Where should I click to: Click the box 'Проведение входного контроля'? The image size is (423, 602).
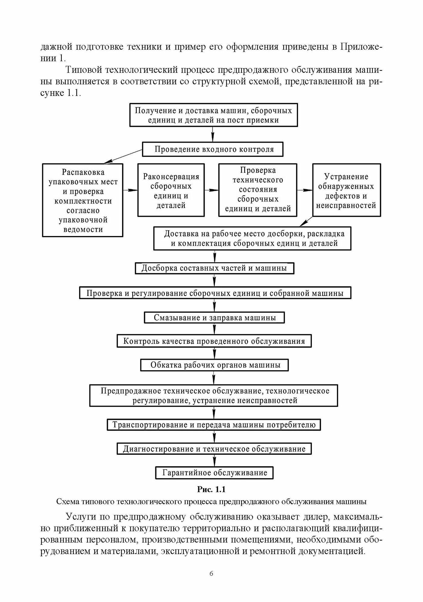pyautogui.click(x=212, y=150)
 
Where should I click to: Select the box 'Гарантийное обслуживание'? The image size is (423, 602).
pyautogui.click(x=214, y=472)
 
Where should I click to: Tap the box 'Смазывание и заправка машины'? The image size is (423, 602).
pyautogui.click(x=214, y=318)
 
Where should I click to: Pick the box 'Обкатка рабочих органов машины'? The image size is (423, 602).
pyautogui.click(x=214, y=365)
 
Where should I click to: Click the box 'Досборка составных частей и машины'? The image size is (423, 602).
pyautogui.click(x=214, y=268)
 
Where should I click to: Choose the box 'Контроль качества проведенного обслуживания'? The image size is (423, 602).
pyautogui.click(x=214, y=341)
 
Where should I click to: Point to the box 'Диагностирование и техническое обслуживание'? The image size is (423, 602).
pyautogui.click(x=214, y=449)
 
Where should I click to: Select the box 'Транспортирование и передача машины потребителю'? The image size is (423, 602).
pyautogui.click(x=214, y=425)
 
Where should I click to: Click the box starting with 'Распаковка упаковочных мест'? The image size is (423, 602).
pyautogui.click(x=83, y=200)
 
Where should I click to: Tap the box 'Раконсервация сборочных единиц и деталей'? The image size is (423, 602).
pyautogui.click(x=171, y=190)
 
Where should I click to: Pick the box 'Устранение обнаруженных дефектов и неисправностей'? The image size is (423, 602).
pyautogui.click(x=346, y=190)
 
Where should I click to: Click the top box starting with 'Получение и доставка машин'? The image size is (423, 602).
pyautogui.click(x=213, y=115)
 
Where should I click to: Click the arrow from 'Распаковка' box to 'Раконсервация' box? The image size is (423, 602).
pyautogui.click(x=130, y=190)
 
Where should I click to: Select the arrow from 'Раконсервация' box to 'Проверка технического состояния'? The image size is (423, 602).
pyautogui.click(x=211, y=190)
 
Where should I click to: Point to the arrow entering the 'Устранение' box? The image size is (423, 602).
pyautogui.click(x=305, y=190)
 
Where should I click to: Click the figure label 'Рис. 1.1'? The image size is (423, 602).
pyautogui.click(x=211, y=490)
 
